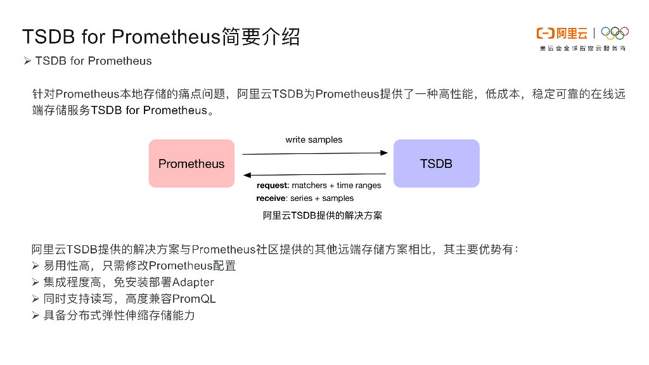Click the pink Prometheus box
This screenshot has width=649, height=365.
(x=191, y=163)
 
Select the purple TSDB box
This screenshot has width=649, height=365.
(x=436, y=163)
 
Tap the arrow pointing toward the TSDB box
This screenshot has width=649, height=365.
(x=314, y=153)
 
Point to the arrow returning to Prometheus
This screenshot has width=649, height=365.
(x=314, y=174)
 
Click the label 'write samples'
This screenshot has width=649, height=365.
(x=314, y=139)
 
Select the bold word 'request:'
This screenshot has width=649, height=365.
(x=273, y=186)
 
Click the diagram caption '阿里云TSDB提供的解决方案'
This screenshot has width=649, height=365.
(x=323, y=215)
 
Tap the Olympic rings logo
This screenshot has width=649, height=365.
(x=614, y=33)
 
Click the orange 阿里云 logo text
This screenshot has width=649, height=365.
(x=562, y=34)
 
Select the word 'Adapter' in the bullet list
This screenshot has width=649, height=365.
(x=193, y=282)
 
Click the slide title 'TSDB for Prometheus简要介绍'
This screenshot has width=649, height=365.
(x=161, y=37)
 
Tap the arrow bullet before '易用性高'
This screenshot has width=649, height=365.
(x=36, y=266)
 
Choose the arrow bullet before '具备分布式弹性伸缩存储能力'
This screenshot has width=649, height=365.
(x=36, y=315)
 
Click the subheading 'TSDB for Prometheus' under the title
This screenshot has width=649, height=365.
(x=93, y=61)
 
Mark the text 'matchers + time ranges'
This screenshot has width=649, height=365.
(x=337, y=186)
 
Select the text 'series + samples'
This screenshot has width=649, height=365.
(x=322, y=198)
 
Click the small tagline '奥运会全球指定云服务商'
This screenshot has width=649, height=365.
(x=582, y=48)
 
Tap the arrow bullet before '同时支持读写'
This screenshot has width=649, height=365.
(x=36, y=298)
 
